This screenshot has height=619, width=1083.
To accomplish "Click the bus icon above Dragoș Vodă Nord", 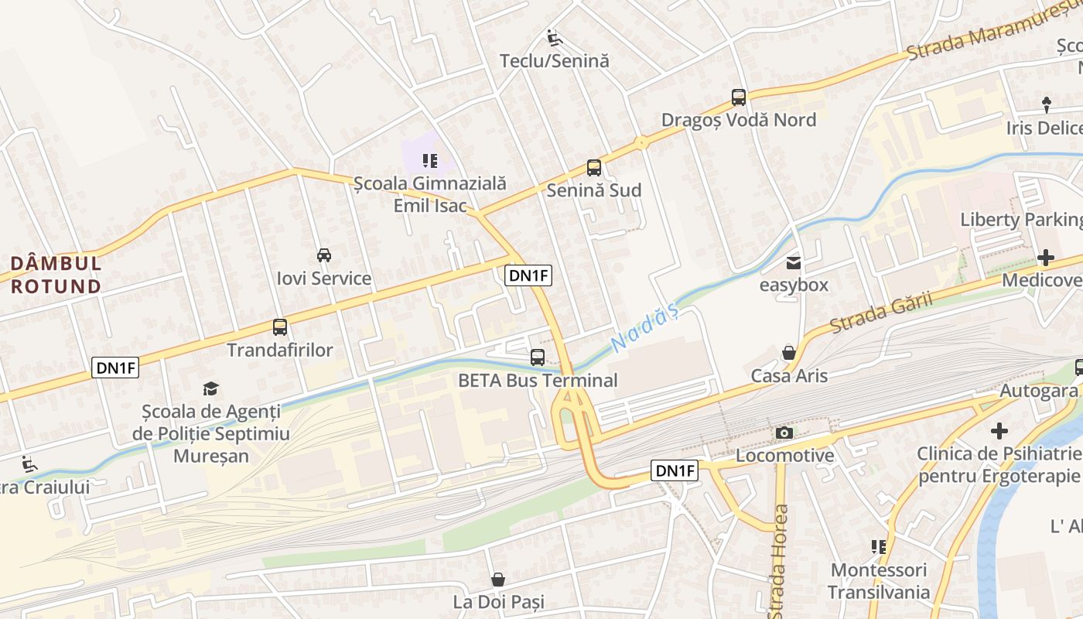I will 739,97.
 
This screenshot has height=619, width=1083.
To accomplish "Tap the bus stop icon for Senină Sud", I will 593,167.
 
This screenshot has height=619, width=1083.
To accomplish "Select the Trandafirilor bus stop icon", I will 280,327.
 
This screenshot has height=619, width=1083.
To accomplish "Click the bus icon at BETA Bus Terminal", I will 538,357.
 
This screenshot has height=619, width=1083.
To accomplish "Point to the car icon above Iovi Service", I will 324,255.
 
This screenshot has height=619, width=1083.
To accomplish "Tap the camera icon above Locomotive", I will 784,433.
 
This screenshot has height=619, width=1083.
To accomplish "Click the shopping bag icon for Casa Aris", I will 789,353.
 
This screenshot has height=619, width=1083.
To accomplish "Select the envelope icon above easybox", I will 794,262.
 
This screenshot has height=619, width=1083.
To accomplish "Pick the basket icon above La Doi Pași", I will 499,579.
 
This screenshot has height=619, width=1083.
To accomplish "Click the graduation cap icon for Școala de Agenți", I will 211,388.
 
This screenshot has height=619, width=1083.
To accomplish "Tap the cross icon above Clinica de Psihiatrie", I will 999,430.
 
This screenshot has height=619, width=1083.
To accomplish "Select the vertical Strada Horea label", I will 780,551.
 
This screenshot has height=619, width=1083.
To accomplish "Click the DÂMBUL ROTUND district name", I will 56,275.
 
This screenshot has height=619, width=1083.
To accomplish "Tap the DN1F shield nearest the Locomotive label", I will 675,470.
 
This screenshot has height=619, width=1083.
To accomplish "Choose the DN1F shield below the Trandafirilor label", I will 115,368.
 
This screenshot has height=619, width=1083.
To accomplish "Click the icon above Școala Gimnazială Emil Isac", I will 430,161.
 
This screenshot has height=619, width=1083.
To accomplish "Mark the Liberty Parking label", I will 1020,220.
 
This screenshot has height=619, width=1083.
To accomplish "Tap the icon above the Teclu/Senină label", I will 554,38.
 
